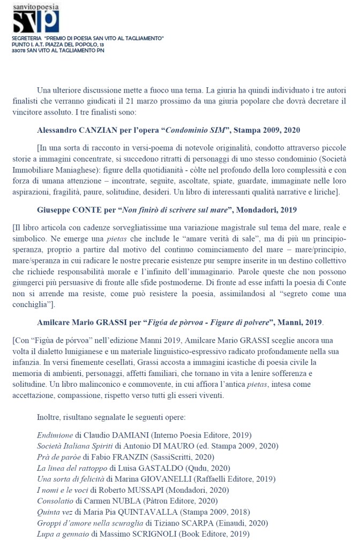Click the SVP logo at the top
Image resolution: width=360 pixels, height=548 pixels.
(36, 20)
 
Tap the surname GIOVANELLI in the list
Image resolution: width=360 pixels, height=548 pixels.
(163, 479)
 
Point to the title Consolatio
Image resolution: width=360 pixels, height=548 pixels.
(56, 501)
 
